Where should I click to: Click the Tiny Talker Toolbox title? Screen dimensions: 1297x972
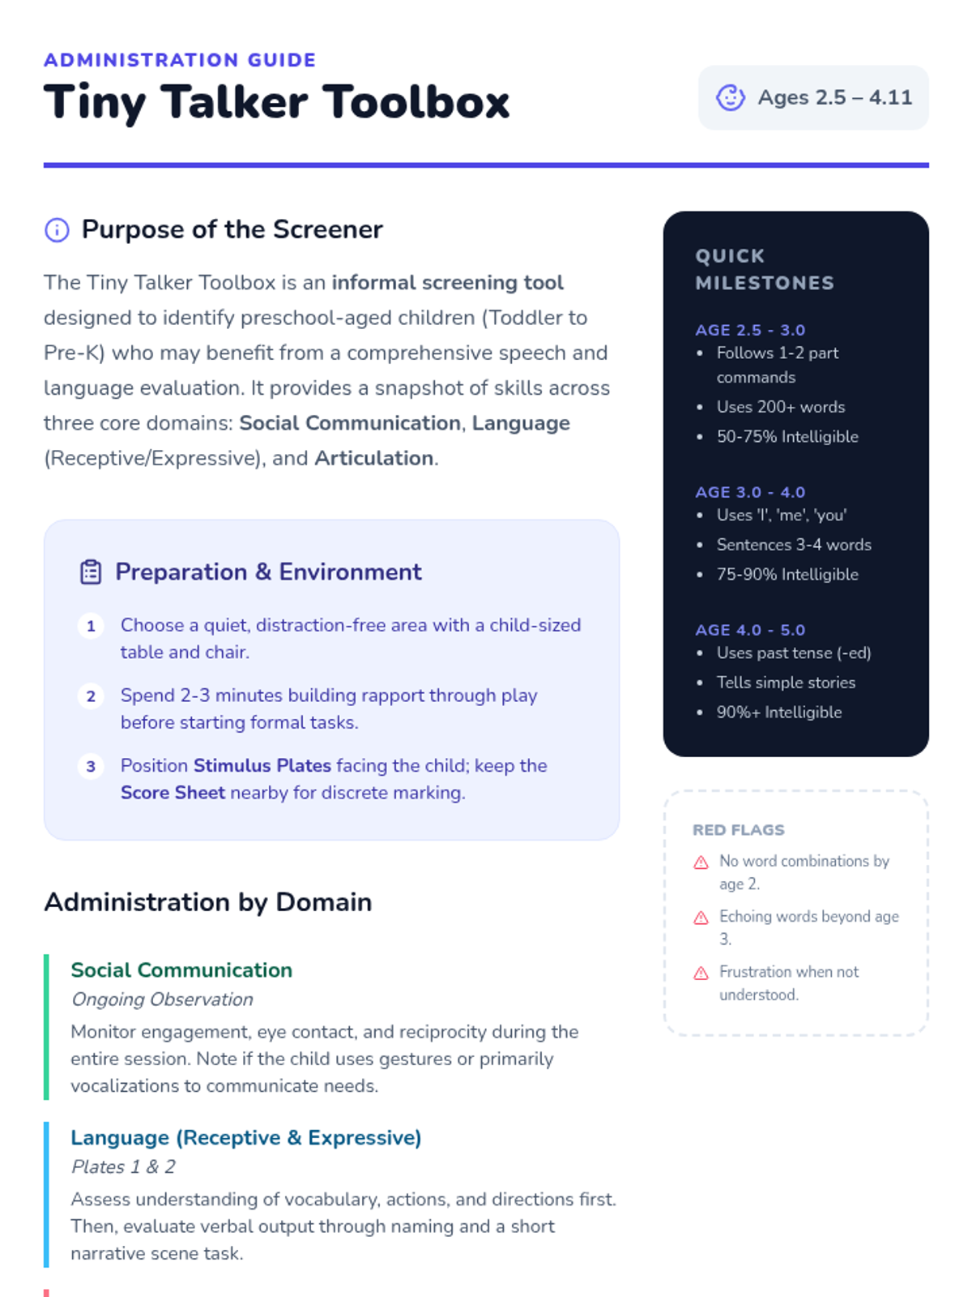click(276, 102)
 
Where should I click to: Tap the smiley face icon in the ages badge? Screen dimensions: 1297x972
click(730, 97)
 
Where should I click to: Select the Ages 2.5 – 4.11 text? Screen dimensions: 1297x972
click(834, 97)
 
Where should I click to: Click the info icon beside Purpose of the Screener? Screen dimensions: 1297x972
click(57, 230)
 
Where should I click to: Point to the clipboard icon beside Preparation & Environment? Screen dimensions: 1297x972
click(91, 572)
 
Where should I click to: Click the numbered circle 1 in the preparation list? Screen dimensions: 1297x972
click(91, 626)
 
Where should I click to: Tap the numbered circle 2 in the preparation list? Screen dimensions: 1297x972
click(91, 696)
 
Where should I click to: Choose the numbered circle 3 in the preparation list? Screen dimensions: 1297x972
click(91, 766)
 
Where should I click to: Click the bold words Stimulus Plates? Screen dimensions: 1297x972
click(262, 765)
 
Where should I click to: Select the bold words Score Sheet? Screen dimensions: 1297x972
click(173, 793)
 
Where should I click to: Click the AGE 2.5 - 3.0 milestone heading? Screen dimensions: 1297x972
click(750, 330)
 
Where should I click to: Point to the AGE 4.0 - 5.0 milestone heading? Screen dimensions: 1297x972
click(750, 630)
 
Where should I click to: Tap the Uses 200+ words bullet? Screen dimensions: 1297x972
click(780, 407)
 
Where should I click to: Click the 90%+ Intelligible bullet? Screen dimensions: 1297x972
click(778, 713)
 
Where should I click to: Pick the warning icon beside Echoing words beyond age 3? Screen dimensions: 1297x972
click(701, 918)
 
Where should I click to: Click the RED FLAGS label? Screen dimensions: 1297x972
click(739, 830)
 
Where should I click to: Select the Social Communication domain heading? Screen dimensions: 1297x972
click(181, 970)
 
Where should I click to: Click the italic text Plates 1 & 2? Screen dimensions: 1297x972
click(123, 1166)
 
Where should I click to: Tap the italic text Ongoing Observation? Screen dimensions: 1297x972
click(162, 1000)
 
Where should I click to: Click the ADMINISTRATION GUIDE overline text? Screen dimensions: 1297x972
click(180, 60)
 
